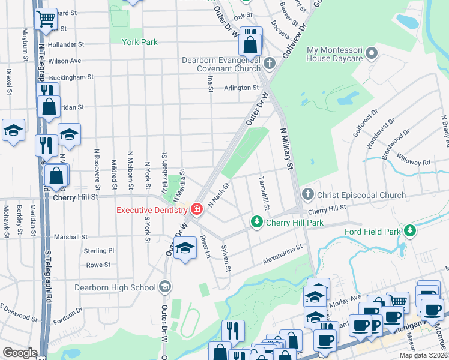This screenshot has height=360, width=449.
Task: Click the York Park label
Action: pos(139,43)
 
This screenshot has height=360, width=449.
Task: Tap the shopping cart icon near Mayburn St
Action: pos(46,19)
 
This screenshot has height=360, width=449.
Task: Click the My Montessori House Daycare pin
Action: pos(372,54)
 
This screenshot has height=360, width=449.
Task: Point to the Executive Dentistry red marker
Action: pos(196,209)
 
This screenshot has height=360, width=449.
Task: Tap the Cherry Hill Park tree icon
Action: pos(257,223)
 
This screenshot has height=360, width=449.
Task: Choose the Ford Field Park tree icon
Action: pos(411,231)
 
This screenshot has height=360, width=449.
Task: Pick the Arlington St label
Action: pos(241,88)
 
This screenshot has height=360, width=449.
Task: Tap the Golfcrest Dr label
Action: pos(365,122)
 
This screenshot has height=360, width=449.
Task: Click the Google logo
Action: pos(20,353)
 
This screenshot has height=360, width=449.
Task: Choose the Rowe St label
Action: pos(98,265)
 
